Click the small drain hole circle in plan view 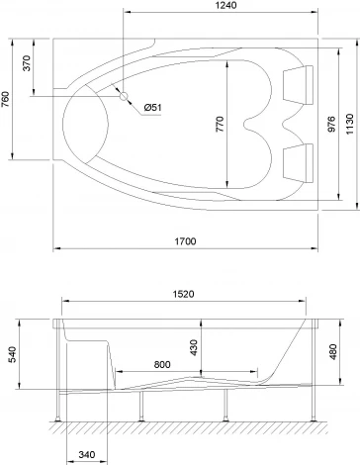coord(125,96)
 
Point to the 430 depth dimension coord(194,348)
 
